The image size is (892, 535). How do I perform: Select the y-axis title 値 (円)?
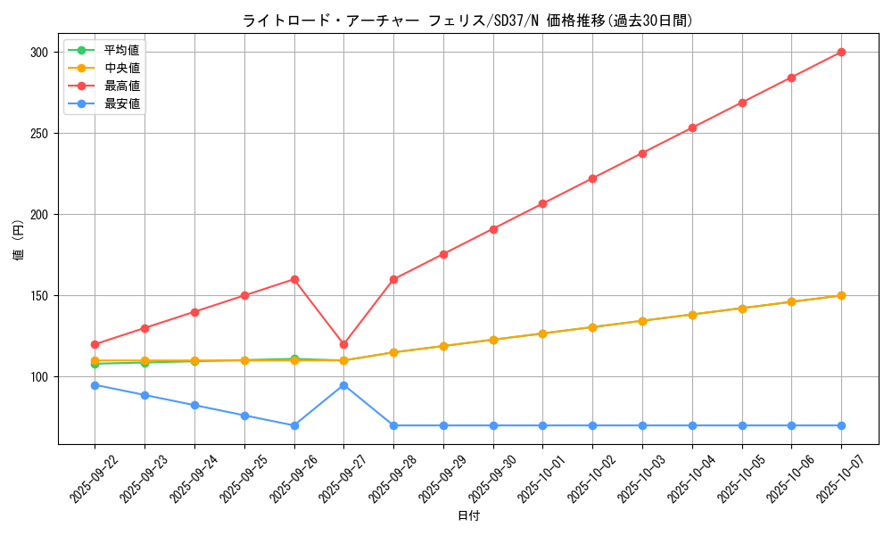[19, 240]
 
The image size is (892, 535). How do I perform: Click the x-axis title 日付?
[468, 516]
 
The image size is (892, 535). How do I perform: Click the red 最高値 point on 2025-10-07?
[841, 53]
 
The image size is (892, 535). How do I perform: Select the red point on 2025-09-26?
[294, 279]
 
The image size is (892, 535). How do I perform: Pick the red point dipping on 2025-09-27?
[343, 344]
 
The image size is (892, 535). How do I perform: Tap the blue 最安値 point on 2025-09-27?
[343, 385]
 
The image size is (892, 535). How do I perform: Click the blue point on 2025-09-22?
[95, 385]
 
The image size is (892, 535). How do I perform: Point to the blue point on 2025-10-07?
[841, 425]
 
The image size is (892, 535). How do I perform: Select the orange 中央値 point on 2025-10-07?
[841, 295]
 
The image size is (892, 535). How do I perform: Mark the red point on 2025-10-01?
[542, 204]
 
